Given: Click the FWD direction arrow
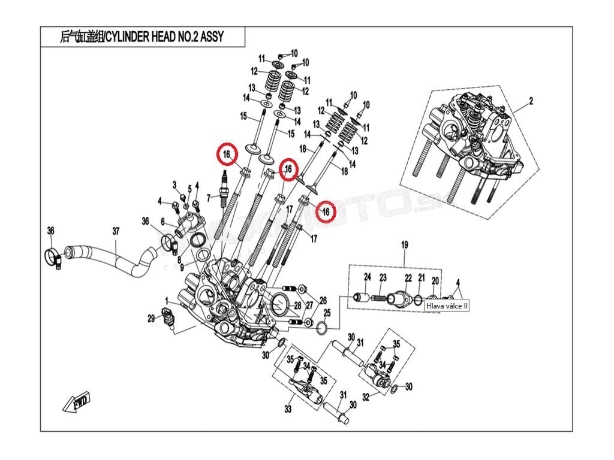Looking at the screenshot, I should point(76,402).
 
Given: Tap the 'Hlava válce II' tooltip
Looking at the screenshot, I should point(447,305).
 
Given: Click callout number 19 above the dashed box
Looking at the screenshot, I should point(404,244).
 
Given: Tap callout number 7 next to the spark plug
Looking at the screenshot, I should point(208,197).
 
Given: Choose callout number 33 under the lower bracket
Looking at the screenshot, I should point(288,410).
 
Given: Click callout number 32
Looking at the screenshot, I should point(366,396).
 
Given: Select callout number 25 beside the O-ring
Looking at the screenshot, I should point(327,313).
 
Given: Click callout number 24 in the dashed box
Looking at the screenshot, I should point(368,277).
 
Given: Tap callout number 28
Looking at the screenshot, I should point(297,305).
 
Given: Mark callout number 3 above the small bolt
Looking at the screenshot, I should point(175,184).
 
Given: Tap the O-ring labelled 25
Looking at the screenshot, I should point(321,328).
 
